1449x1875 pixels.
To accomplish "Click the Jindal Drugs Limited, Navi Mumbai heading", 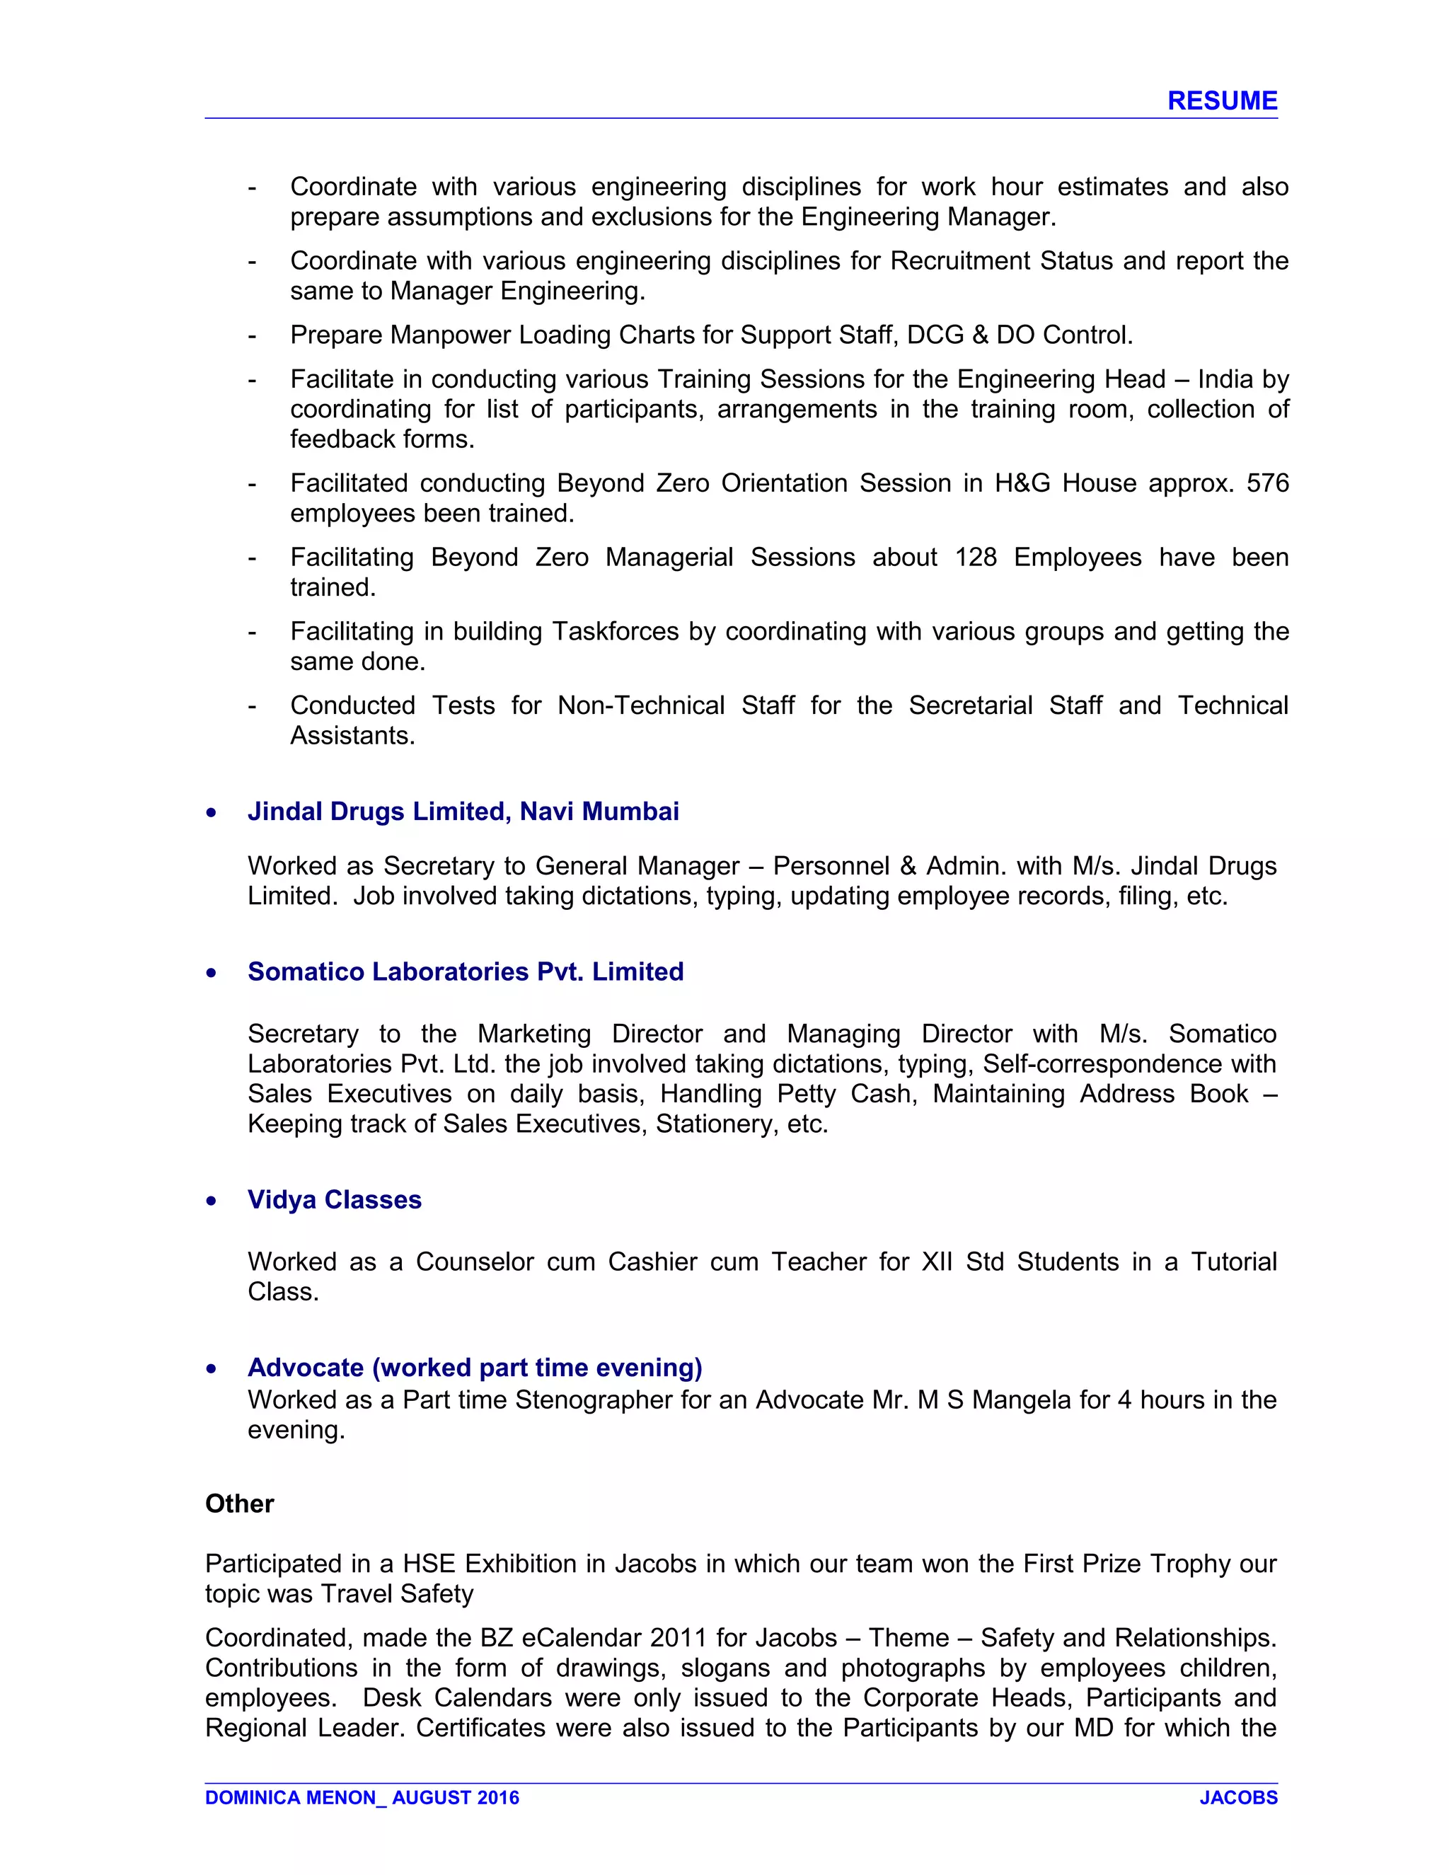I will pos(463,812).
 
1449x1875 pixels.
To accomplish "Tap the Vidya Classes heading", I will pos(334,1199).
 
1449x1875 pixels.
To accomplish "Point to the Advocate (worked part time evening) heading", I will pos(475,1367).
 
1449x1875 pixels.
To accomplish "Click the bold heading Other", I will pos(240,1504).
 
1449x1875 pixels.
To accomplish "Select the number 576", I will pos(1267,483).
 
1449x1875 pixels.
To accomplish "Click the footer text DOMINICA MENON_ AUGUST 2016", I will pos(362,1798).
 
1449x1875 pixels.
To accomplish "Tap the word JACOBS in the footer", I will pos(1238,1798).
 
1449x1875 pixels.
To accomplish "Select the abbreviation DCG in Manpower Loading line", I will pos(935,335).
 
